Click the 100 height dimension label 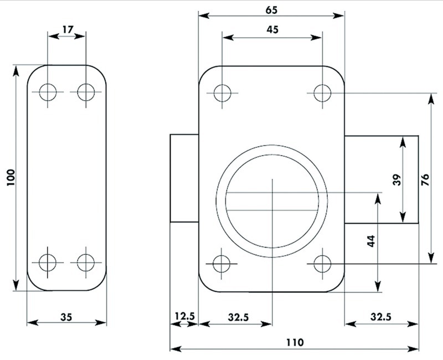pos(11,177)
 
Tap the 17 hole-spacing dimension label pos(68,29)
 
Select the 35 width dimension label pos(66,317)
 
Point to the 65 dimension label pos(272,10)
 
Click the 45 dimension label pos(272,29)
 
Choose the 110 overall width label pos(295,342)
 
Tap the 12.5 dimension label pos(185,316)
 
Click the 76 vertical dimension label pos(425,180)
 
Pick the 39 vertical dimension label pos(397,180)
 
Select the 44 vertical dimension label pos(370,241)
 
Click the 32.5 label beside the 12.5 pos(239,317)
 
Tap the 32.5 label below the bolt pos(381,317)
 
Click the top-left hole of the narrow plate pos(48,92)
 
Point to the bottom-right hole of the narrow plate pos(86,263)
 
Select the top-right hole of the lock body pos(322,93)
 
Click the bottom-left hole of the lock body pos(222,264)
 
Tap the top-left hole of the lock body pos(223,93)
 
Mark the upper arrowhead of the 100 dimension pos(16,71)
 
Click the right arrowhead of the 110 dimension pos(413,349)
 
